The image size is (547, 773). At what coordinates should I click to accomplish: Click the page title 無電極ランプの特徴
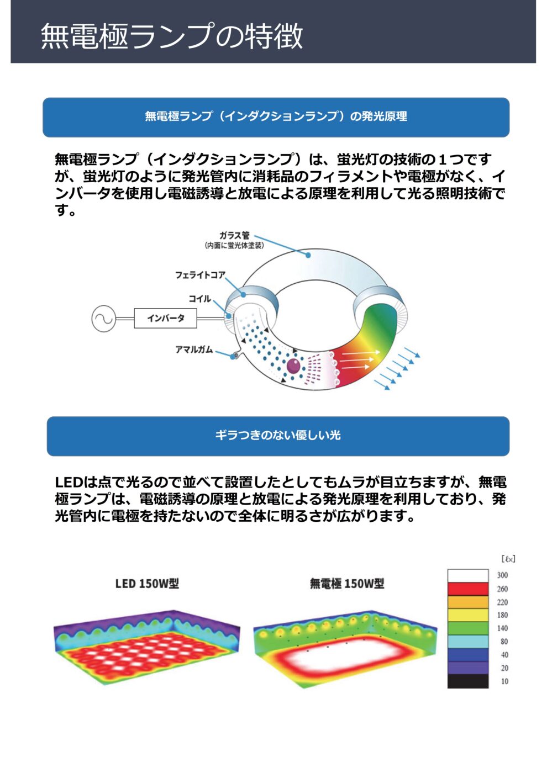pos(172,35)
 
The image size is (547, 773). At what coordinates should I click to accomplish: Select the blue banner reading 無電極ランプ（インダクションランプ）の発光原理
pos(276,117)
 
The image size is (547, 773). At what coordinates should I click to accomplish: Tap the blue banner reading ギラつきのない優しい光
pos(278,436)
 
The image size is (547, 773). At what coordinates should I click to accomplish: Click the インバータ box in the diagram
pos(165,318)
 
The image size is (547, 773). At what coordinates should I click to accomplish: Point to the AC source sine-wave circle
pos(103,319)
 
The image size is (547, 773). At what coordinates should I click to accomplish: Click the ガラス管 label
pos(234,235)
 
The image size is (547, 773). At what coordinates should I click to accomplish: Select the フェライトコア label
pos(200,275)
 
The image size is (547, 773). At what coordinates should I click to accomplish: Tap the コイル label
pos(200,299)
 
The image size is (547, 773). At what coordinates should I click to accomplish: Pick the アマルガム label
pos(194,350)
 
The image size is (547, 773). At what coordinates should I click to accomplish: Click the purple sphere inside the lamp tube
pos(293,366)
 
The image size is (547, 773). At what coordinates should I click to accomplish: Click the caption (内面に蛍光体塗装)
pos(234,245)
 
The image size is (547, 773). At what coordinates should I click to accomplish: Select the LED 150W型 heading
pos(147,584)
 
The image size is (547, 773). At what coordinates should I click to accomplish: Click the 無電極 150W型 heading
pos(347,584)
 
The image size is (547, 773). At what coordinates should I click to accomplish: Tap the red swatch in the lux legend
pos(468,589)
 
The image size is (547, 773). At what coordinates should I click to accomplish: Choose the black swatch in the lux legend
pos(468,681)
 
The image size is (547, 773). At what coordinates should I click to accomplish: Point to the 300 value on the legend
pos(502,575)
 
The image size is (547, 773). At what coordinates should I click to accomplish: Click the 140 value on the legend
pos(502,628)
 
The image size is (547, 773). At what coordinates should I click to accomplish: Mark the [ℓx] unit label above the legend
pos(508,559)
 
